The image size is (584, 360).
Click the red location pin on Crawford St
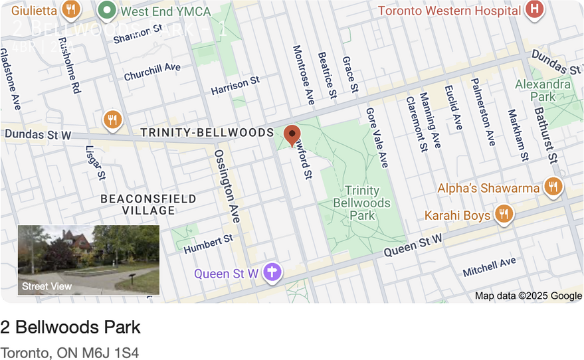[x=292, y=135]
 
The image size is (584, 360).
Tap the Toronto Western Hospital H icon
[x=534, y=9]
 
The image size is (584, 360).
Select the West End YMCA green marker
[x=106, y=10]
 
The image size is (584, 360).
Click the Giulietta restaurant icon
[x=70, y=9]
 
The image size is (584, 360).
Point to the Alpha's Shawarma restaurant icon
[x=553, y=187]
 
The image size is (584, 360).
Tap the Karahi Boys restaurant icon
[x=504, y=215]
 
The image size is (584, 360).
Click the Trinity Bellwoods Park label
[x=362, y=203]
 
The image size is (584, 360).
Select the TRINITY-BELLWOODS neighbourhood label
[x=207, y=133]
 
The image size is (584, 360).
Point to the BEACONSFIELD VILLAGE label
[x=148, y=205]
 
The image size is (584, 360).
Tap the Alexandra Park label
[x=543, y=90]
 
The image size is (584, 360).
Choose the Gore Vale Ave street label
[x=377, y=137]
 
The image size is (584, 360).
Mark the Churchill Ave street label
[x=152, y=72]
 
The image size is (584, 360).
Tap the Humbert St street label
[x=209, y=244]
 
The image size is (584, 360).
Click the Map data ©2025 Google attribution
[x=528, y=296]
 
